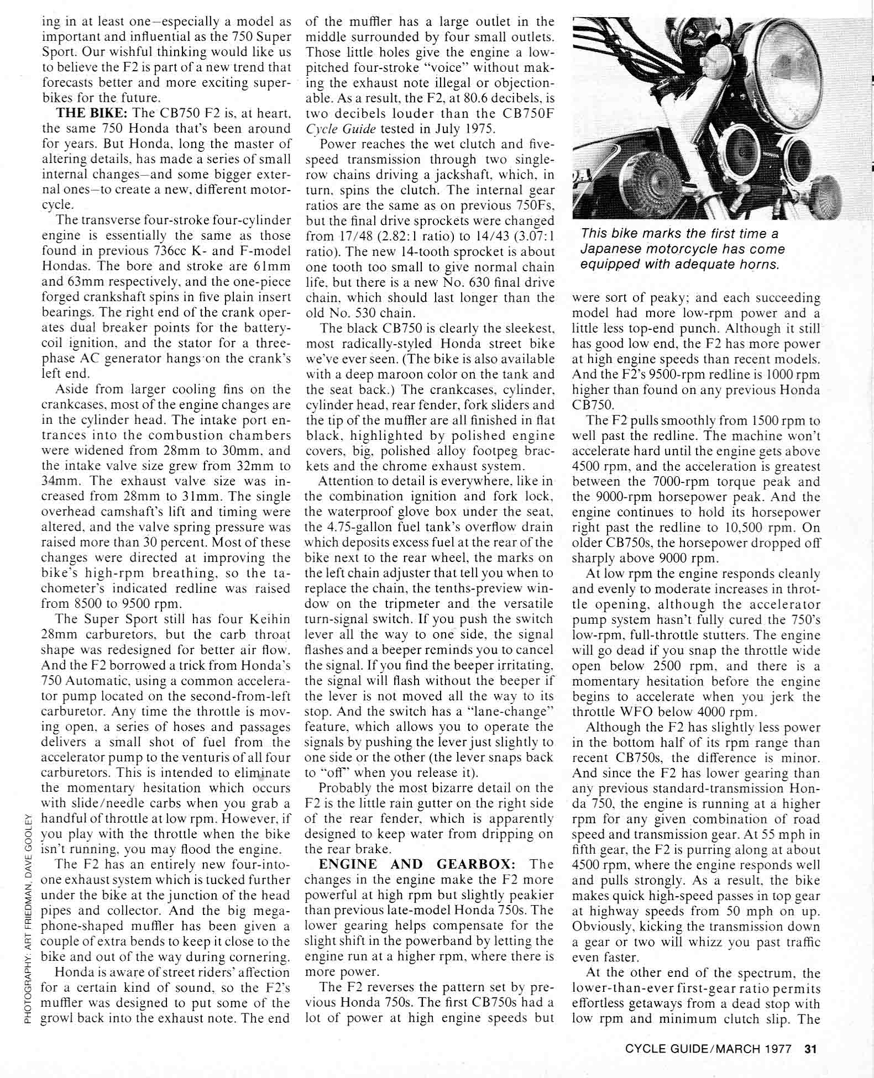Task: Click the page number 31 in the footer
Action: click(x=811, y=1048)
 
